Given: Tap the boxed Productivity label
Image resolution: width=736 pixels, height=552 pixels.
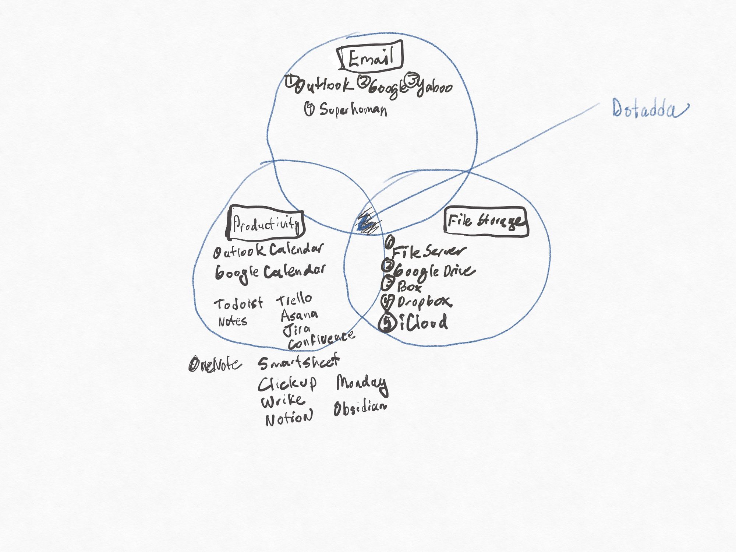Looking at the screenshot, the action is [x=265, y=223].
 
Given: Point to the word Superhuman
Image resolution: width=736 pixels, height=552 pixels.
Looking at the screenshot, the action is [x=353, y=110].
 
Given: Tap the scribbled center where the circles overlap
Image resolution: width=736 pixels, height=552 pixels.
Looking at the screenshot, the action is [x=368, y=222].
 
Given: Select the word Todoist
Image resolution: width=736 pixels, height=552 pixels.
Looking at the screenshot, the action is [x=238, y=304].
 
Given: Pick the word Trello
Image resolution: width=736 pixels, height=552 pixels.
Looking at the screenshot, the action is [x=294, y=300].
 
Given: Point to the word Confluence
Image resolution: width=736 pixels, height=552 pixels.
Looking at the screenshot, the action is [x=321, y=341].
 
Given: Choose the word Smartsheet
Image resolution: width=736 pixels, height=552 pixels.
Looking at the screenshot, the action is [x=298, y=362].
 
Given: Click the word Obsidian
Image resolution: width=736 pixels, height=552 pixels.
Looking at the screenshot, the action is [x=360, y=408].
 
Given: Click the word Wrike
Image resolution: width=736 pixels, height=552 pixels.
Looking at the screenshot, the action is [x=283, y=401].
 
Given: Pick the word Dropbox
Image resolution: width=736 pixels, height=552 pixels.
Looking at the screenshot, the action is [x=424, y=302].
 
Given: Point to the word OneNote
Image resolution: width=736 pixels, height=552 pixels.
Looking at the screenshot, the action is [x=215, y=365].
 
